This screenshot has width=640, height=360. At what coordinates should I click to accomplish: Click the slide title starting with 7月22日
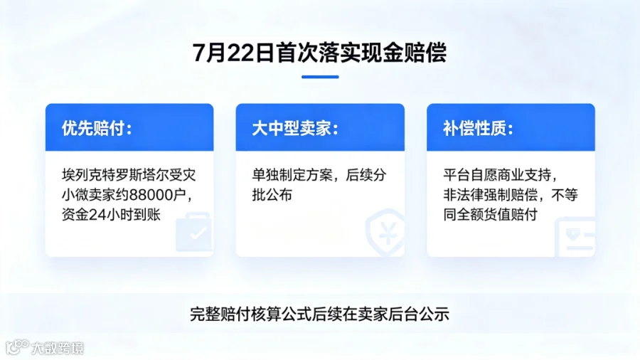pos(319,53)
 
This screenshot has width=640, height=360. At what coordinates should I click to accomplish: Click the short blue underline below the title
pos(320,77)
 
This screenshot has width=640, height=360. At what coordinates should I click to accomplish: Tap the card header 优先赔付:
pos(97,128)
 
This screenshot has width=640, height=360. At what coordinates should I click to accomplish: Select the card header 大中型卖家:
pos(295,128)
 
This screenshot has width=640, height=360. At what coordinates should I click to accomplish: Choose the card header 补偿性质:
pos(479,128)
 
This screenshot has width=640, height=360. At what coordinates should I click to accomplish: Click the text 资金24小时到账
pos(111,215)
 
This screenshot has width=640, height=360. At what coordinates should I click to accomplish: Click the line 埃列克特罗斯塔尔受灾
pos(129,175)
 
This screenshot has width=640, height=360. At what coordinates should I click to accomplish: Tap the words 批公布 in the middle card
pos(272,195)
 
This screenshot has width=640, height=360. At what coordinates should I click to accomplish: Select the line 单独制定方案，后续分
pos(319,175)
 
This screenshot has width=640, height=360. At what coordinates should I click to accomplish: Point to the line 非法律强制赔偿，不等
pos(511,195)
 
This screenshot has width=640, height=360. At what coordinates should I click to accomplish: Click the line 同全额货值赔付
pos(490,215)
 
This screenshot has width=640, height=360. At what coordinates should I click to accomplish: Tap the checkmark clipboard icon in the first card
pos(193,231)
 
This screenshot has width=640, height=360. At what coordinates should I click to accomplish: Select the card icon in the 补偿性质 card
pos(575,238)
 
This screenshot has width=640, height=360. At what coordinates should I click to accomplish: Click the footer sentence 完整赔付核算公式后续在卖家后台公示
pos(319,314)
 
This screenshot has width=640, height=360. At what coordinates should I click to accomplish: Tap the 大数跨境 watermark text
pos(58,348)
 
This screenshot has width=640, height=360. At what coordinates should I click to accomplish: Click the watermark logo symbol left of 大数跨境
pos(17,347)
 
